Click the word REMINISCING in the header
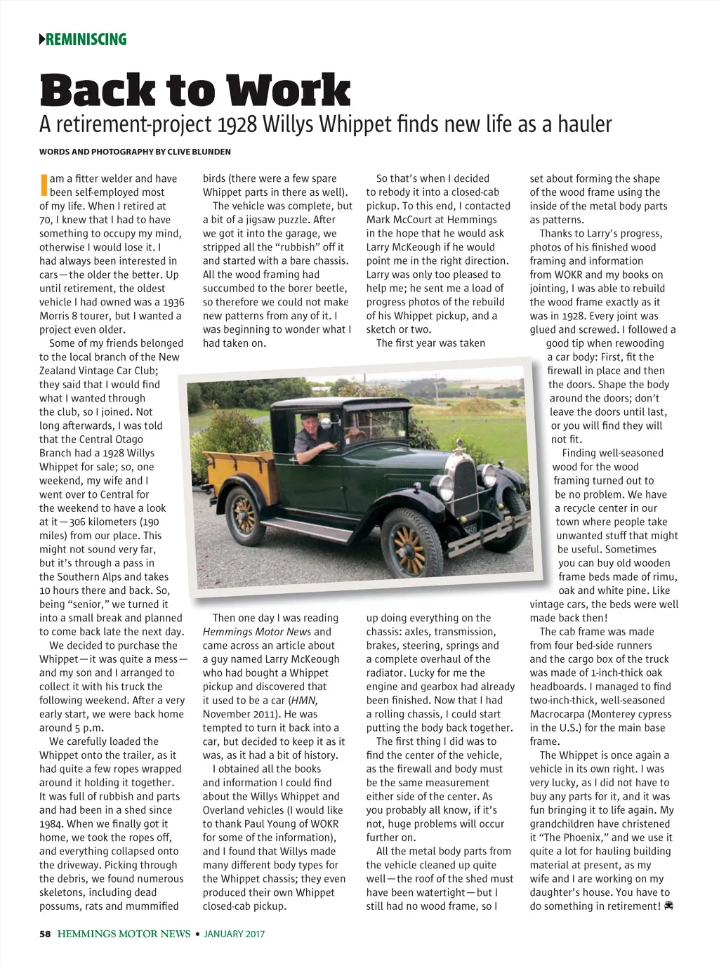point(86,39)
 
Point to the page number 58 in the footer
point(45,934)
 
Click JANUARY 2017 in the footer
point(234,934)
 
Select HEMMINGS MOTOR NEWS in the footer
point(124,934)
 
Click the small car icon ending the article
point(668,906)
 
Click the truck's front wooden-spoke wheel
point(411,541)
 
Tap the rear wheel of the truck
point(245,515)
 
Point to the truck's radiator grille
point(466,491)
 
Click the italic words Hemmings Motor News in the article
point(256,632)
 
